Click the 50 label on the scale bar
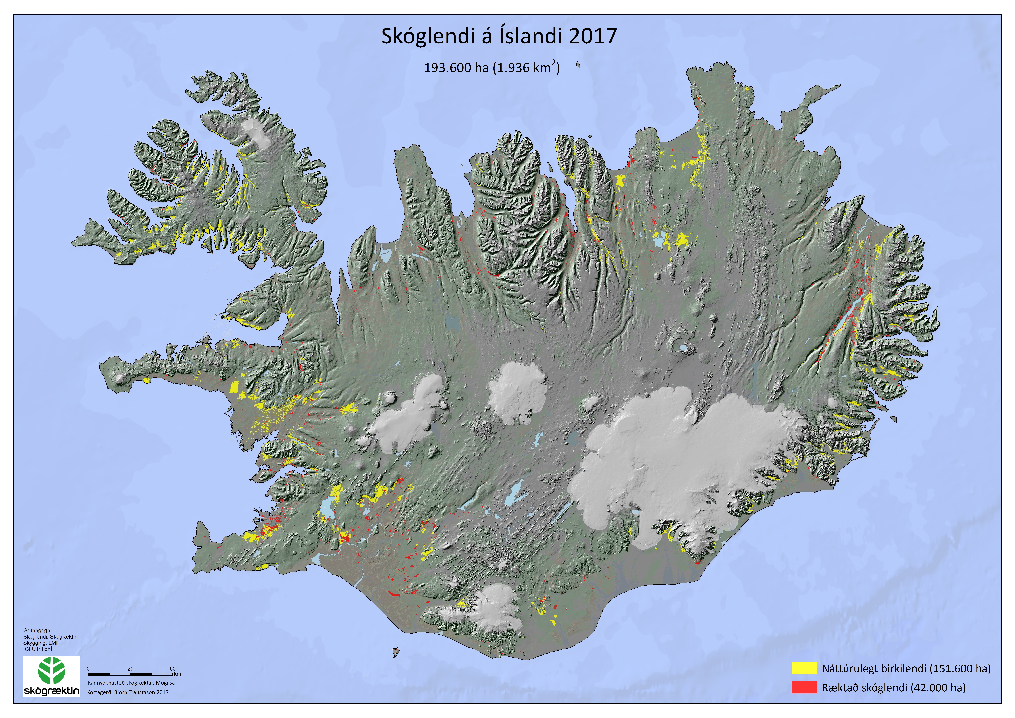pyautogui.click(x=173, y=668)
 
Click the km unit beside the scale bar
pyautogui.click(x=178, y=674)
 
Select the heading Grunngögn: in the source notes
pyautogui.click(x=38, y=630)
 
